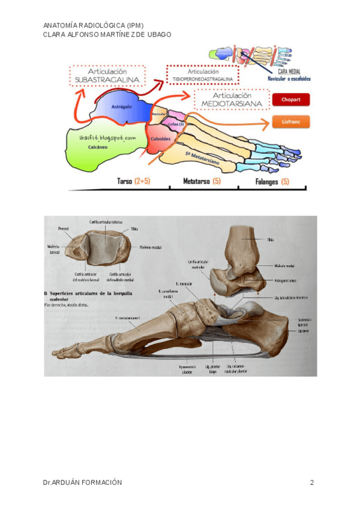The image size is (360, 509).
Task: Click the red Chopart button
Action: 291,99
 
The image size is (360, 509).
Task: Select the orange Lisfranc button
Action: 291,122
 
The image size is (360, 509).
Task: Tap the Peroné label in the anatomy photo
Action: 64,229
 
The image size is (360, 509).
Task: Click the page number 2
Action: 312,483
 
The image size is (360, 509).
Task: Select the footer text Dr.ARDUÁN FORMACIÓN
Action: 83,483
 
